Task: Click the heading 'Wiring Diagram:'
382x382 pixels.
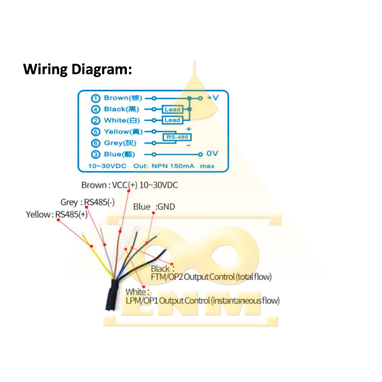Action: (x=78, y=70)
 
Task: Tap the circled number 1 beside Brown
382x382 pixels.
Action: (x=96, y=98)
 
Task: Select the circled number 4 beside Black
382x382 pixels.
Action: (x=96, y=109)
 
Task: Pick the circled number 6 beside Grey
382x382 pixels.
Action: (x=96, y=143)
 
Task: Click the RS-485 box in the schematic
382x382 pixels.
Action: (x=177, y=137)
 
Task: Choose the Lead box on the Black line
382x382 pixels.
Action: (x=172, y=109)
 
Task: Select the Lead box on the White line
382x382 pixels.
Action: (x=172, y=120)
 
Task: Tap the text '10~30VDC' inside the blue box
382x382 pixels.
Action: (x=107, y=166)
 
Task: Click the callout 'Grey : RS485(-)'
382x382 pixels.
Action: (x=88, y=202)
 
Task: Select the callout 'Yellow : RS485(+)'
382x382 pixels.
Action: (x=57, y=215)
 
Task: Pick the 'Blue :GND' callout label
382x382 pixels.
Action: (x=154, y=207)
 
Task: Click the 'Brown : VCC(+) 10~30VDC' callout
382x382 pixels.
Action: (x=129, y=185)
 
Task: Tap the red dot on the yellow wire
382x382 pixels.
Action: (x=91, y=246)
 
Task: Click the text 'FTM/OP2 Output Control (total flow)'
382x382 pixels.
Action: (x=211, y=277)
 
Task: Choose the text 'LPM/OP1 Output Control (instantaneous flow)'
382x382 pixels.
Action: (x=203, y=301)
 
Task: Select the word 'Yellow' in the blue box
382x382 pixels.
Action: (x=116, y=132)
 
